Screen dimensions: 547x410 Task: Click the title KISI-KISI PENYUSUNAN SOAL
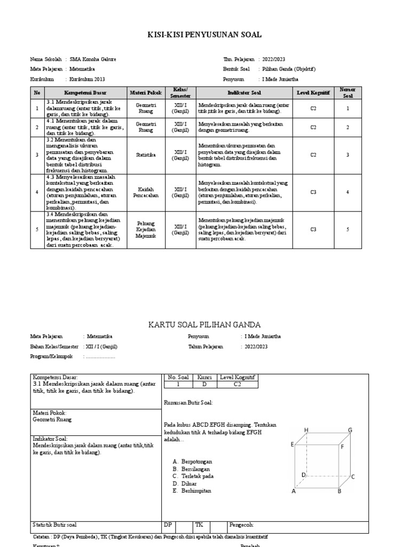point(204,35)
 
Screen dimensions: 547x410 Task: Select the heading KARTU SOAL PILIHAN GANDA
point(204,324)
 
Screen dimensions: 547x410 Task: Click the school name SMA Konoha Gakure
point(93,59)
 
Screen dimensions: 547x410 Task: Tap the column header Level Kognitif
point(313,92)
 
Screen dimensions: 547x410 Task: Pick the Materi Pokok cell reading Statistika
point(145,155)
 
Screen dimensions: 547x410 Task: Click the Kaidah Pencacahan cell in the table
point(145,192)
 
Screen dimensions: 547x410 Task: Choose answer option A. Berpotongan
point(193,460)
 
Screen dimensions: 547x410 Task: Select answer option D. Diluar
point(185,483)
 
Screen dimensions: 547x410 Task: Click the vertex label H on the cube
point(306,430)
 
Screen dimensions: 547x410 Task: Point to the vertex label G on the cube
point(350,430)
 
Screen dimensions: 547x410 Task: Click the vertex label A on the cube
point(293,492)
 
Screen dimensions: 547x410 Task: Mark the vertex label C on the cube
point(353,476)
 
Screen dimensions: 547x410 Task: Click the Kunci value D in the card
point(204,384)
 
